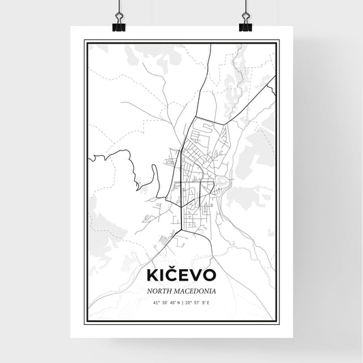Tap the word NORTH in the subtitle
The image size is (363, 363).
pyautogui.click(x=161, y=291)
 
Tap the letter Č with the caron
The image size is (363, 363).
pyautogui.click(x=174, y=275)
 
